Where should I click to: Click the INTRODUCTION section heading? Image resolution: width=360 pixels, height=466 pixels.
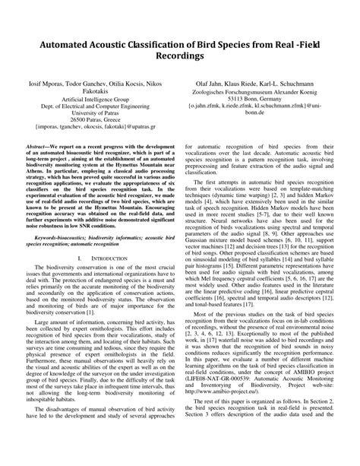(x=97, y=261)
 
